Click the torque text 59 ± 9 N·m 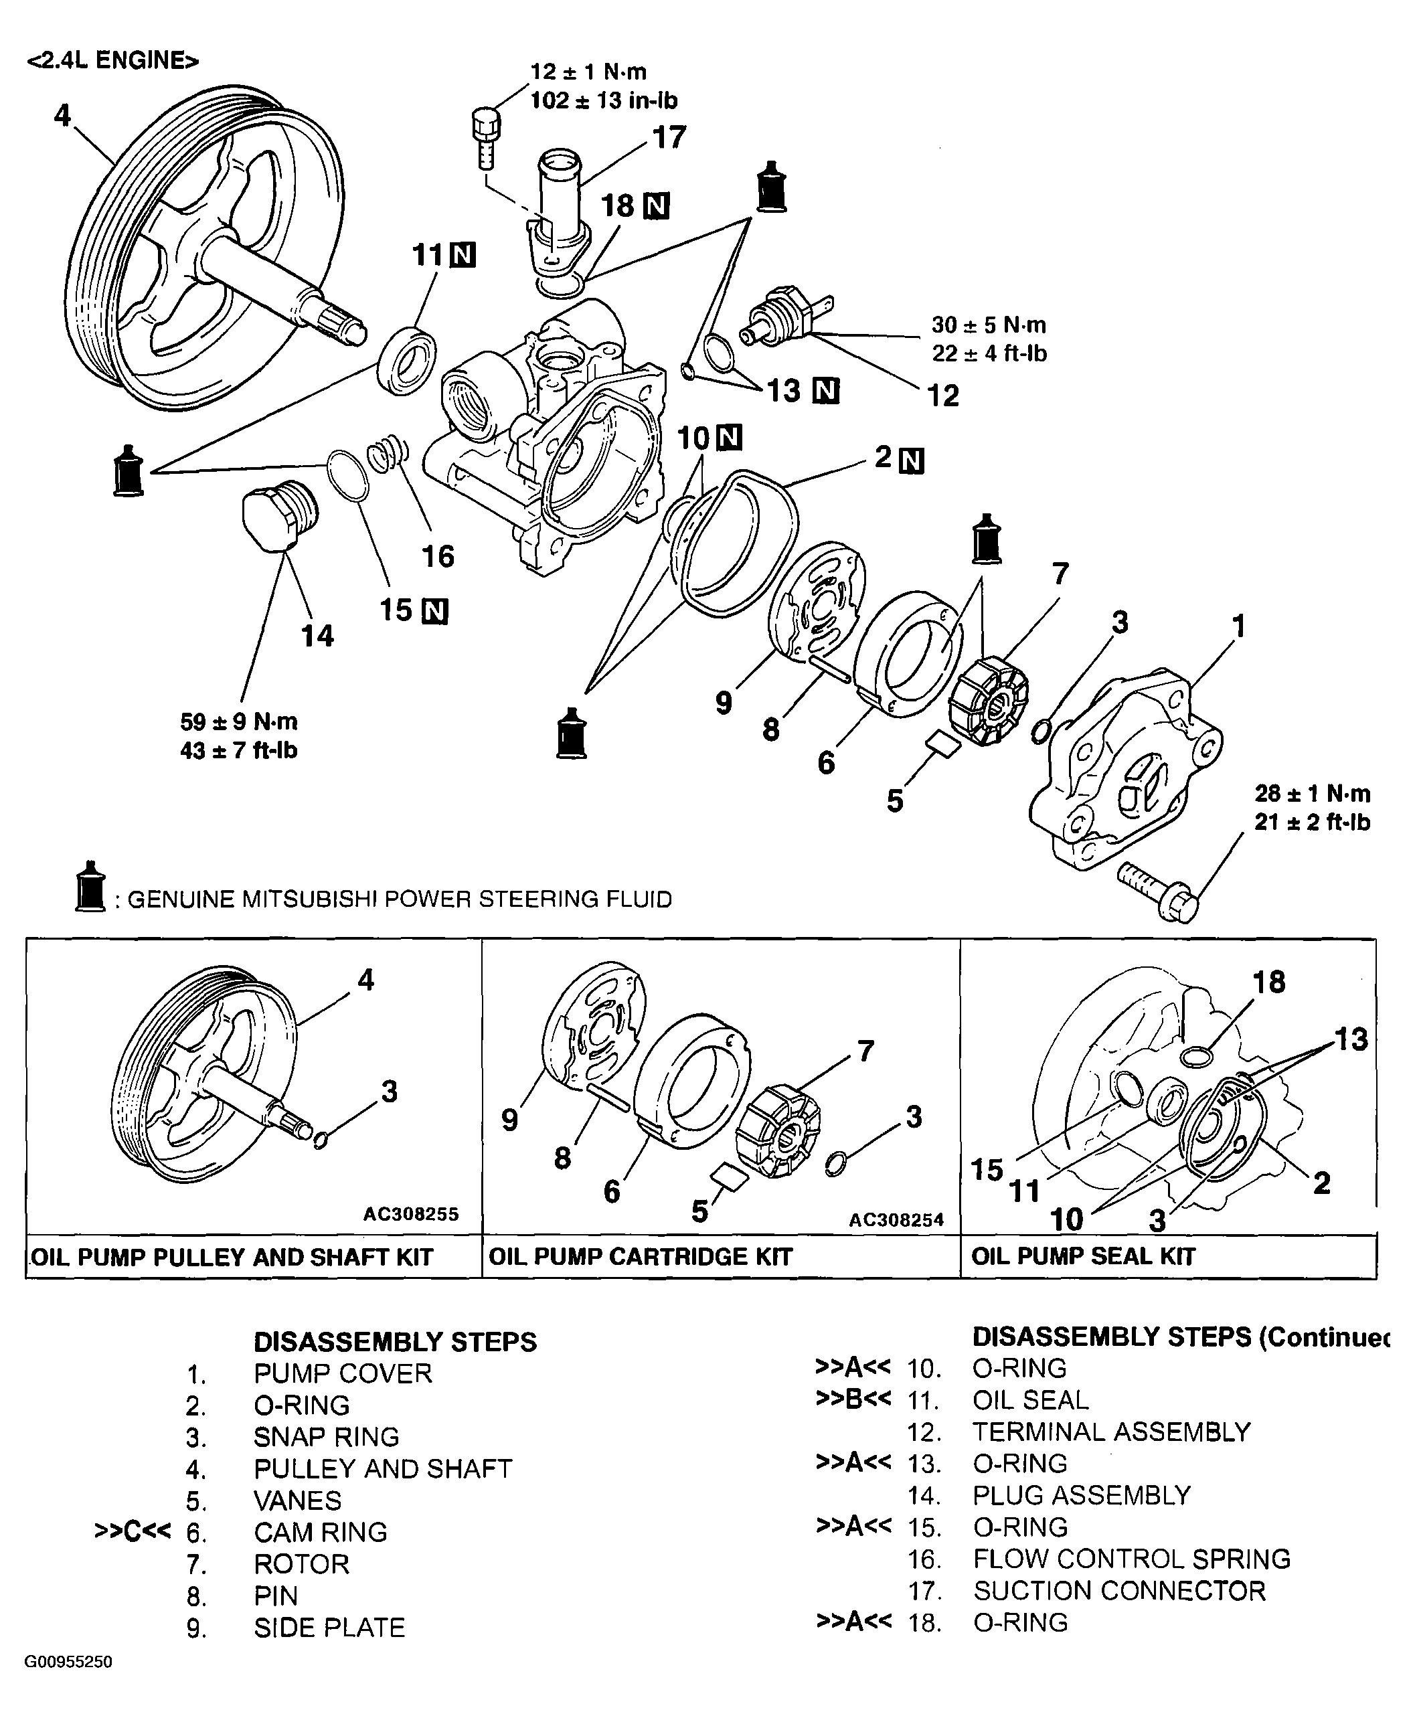pyautogui.click(x=239, y=722)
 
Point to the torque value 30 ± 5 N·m pyautogui.click(x=989, y=325)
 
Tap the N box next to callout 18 pyautogui.click(x=656, y=207)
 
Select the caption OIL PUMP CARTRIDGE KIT pyautogui.click(x=640, y=1256)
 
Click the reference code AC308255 pyautogui.click(x=411, y=1214)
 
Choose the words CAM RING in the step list pyautogui.click(x=321, y=1531)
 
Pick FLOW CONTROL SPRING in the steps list pyautogui.click(x=1131, y=1558)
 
